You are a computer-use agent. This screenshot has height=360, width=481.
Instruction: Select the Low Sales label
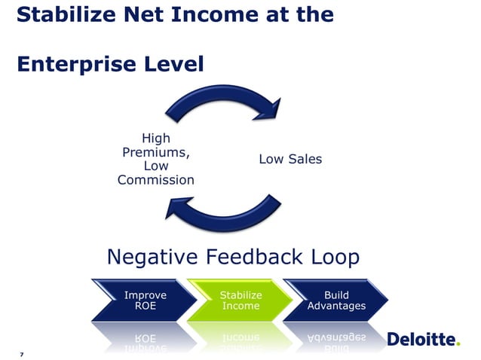pos(290,159)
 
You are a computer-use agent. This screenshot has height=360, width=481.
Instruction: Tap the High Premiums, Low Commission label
pos(155,159)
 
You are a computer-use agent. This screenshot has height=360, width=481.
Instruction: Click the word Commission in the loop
pos(155,180)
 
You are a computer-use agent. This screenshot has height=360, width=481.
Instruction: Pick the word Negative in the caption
pos(154,258)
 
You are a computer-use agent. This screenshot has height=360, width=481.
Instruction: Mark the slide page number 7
pos(23,353)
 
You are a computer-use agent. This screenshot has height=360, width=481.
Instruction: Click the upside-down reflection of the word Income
pos(240,337)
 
